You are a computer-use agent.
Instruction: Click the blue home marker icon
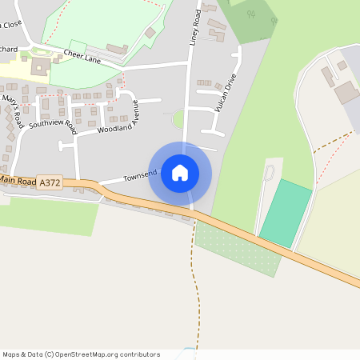pos(180,172)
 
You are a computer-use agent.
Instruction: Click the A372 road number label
pos(49,183)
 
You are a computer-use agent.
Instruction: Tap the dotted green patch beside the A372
pos(237,249)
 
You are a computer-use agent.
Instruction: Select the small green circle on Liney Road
pos(178,118)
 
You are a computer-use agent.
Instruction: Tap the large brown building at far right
pos(346,92)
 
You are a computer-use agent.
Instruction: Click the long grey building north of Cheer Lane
pos(116,49)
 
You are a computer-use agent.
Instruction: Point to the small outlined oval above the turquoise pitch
pos(269,172)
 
